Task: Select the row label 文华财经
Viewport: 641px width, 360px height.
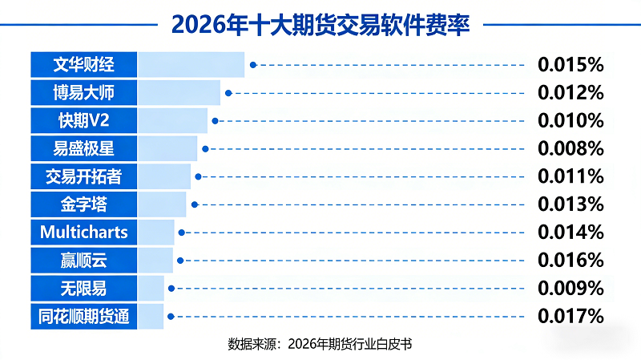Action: (83, 65)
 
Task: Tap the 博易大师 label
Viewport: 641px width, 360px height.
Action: (83, 93)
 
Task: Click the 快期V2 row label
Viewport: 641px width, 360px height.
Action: (83, 120)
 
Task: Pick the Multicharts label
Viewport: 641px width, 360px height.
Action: (83, 233)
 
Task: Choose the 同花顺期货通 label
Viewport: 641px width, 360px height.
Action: (83, 316)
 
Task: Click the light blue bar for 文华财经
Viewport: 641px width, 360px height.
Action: (191, 65)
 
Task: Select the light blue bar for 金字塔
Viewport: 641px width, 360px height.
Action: (162, 204)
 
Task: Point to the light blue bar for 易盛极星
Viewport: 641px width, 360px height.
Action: (167, 148)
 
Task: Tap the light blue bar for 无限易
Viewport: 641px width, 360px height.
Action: (151, 288)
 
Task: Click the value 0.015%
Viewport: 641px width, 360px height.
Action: (570, 65)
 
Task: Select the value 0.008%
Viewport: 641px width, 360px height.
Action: (570, 148)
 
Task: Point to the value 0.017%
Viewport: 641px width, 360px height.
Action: (570, 316)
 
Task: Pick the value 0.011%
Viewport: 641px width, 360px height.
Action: (570, 176)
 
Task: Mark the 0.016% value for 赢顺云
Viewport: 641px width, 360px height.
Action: (570, 260)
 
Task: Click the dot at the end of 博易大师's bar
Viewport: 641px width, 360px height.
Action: (228, 93)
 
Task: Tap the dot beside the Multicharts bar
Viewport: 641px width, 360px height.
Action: (182, 233)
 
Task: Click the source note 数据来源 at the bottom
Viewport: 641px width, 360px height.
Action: (320, 344)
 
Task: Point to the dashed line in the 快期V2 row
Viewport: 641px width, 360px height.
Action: (369, 121)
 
